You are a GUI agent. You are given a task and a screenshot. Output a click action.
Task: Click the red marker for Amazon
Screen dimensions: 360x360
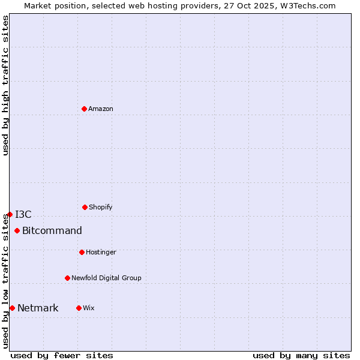(x=84, y=109)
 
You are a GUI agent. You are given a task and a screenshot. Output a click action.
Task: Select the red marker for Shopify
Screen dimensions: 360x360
(x=85, y=207)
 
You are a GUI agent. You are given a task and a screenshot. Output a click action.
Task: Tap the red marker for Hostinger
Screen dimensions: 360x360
(x=82, y=252)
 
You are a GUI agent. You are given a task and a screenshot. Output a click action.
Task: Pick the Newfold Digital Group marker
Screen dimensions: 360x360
(x=67, y=278)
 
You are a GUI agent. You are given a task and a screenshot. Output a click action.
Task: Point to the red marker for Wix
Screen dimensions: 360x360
(x=79, y=308)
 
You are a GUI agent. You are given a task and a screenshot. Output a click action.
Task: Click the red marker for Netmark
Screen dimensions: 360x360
(x=12, y=308)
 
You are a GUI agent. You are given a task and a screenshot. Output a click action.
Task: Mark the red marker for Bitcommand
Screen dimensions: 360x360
(x=17, y=230)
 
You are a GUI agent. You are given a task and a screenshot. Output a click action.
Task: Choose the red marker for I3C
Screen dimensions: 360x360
(x=10, y=214)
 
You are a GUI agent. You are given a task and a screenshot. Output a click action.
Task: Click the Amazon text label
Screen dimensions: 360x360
(x=101, y=109)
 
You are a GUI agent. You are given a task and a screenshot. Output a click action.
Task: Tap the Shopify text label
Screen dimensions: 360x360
(x=101, y=207)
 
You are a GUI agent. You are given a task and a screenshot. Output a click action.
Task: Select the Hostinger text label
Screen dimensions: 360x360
(x=101, y=252)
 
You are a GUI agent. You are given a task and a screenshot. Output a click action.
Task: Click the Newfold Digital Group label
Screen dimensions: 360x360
(x=106, y=278)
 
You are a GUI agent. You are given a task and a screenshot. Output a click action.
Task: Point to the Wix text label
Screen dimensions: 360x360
(x=89, y=308)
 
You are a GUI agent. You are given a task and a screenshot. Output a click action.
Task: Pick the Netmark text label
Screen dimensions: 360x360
(x=38, y=308)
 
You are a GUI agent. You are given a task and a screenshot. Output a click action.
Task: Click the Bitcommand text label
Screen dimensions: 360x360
(x=52, y=230)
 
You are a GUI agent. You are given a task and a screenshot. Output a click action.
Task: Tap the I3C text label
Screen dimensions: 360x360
(x=23, y=214)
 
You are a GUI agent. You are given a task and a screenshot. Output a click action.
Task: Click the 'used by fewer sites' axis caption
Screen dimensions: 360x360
(x=62, y=355)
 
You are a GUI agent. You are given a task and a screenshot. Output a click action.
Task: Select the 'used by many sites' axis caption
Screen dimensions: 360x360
(x=301, y=355)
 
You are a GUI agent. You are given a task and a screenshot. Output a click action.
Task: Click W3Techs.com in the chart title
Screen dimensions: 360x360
(x=307, y=5)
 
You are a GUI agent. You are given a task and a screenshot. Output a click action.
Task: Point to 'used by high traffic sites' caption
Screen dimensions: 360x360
(x=5, y=85)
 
